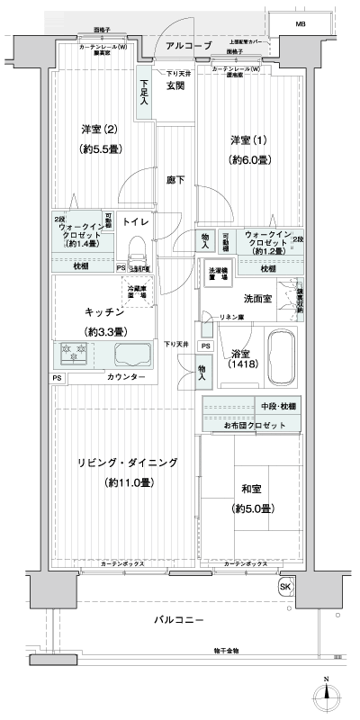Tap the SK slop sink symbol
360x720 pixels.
[285, 588]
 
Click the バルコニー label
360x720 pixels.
[176, 620]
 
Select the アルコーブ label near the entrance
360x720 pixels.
[190, 44]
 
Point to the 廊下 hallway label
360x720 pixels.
[175, 180]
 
